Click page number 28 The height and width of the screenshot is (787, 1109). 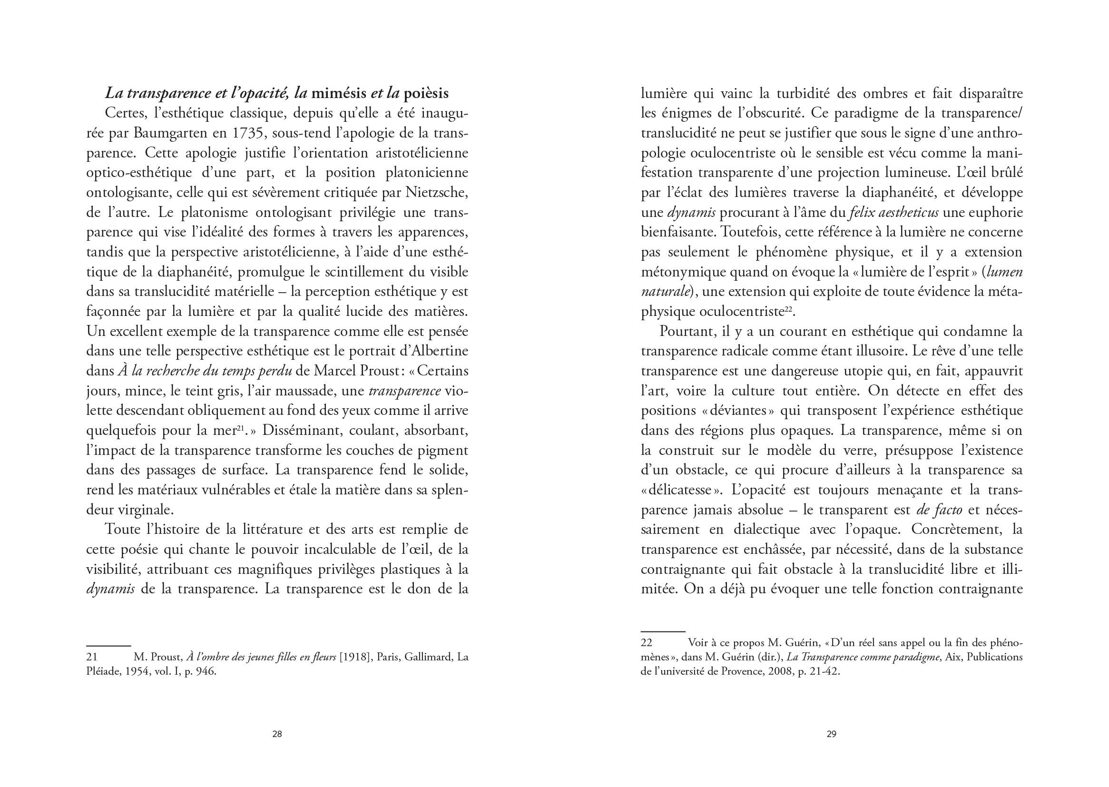tap(277, 734)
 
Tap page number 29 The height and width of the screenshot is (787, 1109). tap(831, 734)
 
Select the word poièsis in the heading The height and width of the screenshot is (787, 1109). tap(426, 93)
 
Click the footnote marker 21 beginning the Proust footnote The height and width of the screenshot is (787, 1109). tap(92, 657)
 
